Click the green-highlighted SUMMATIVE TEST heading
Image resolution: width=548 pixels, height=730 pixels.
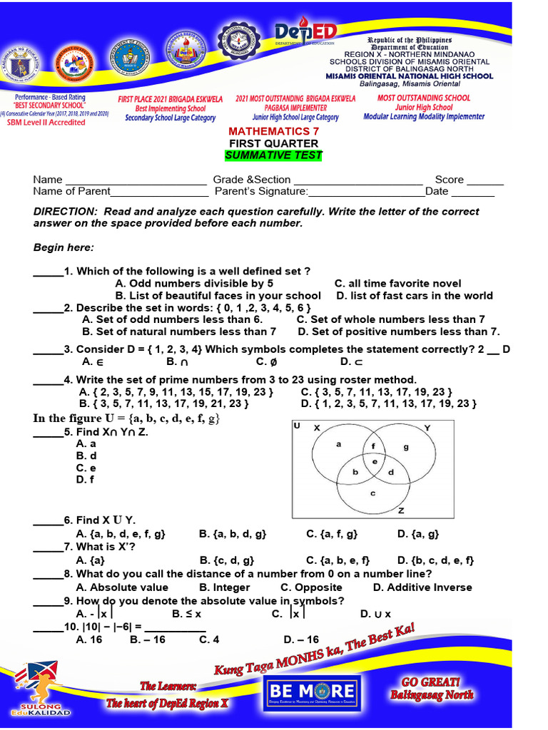coord(274,155)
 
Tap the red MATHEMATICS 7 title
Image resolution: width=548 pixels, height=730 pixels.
coord(274,131)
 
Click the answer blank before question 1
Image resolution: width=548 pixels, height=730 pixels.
coord(48,272)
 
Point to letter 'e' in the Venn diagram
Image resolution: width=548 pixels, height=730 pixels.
coord(375,461)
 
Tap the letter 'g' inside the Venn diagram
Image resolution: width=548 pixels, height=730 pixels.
coord(406,447)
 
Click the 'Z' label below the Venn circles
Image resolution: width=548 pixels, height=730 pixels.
coord(401,510)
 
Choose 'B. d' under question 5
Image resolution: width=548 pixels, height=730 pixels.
coord(86,456)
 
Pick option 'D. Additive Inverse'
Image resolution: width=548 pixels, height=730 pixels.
coord(422,587)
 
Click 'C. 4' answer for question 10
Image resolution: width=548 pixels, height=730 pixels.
coord(209,639)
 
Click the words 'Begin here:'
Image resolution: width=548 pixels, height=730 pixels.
coord(64,247)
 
